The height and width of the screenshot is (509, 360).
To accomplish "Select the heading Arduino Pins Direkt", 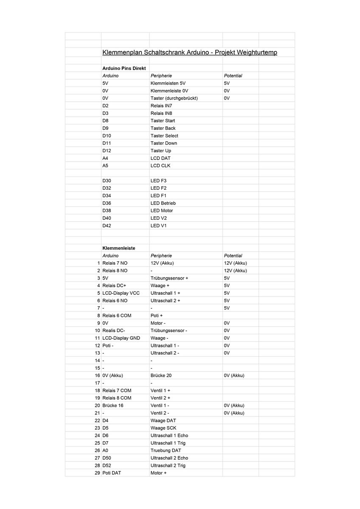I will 124,68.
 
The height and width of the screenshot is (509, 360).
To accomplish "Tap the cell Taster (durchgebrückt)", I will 174,98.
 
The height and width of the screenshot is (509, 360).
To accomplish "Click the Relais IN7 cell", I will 161,106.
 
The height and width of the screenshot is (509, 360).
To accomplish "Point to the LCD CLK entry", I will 160,165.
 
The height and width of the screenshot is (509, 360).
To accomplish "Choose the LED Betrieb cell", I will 163,203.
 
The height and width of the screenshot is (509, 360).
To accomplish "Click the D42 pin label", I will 107,226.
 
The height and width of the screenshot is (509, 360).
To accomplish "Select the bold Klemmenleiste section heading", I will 119,248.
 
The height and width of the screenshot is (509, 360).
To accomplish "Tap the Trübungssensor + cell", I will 169,278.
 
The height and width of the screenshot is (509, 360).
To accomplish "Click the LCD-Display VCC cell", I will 121,293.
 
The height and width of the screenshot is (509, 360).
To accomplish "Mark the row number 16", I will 97,375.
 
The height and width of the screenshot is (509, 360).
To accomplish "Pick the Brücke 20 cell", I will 161,375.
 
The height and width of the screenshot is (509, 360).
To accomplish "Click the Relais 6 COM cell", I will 117,316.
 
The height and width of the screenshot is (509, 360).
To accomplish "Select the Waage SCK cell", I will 163,428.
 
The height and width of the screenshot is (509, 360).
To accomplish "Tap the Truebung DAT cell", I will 166,450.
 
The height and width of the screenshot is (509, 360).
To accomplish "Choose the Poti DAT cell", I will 112,473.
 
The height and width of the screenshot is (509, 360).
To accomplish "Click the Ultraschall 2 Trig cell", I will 168,465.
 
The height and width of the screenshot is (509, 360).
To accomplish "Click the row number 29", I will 97,473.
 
